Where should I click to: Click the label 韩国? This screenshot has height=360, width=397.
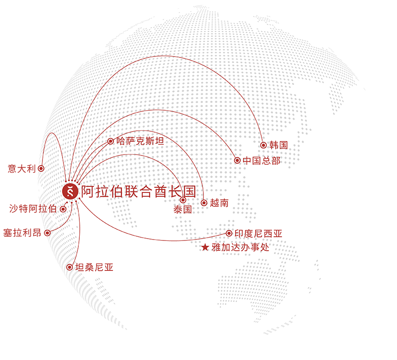pos(279,145)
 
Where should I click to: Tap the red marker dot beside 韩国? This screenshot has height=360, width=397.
pos(264,145)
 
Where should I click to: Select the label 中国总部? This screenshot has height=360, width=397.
pos(262,161)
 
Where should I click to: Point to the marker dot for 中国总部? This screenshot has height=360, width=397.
pos(237,161)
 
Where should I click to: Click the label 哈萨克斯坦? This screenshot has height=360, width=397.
pos(139,141)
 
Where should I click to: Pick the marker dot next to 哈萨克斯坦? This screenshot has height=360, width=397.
pos(111,141)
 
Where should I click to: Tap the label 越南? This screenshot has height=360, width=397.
pos(219,203)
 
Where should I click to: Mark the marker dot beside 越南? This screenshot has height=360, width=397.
pos(204,203)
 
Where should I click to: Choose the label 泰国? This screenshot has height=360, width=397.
pos(182,210)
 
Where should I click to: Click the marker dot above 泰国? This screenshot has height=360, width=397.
pos(183,200)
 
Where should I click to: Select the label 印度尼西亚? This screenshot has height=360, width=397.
pos(258,233)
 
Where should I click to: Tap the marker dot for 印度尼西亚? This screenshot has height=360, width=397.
pos(229,233)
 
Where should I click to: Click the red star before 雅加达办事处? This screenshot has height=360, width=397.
pos(205,248)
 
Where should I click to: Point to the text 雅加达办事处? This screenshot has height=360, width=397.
pos(240,248)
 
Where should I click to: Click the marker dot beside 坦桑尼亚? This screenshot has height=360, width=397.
pos(70,268)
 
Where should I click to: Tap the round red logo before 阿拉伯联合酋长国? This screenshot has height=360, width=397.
pos(70,191)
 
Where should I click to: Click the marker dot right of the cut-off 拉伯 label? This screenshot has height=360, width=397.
pos(63,209)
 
